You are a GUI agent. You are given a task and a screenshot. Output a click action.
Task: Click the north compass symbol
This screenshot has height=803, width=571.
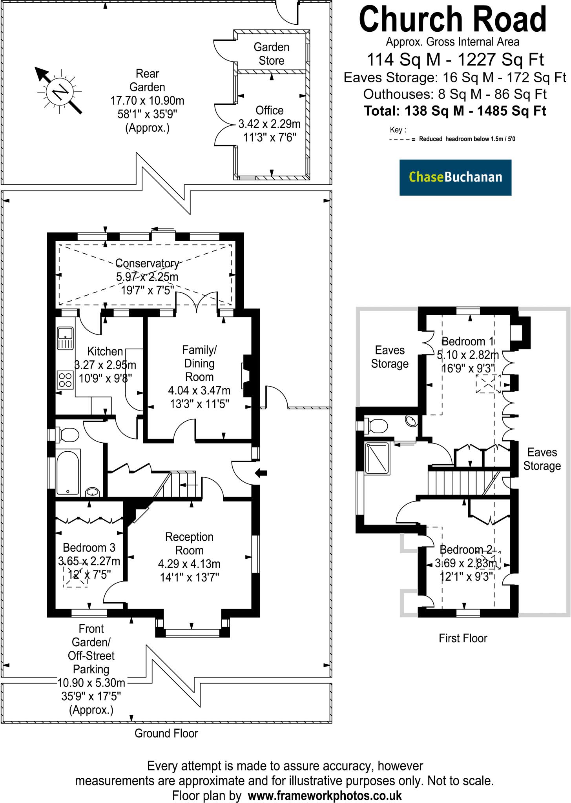coord(60,91)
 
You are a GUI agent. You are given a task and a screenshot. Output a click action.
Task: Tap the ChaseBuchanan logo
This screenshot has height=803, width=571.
coord(455,177)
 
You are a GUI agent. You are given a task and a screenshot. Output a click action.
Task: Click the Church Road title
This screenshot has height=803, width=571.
coord(453,19)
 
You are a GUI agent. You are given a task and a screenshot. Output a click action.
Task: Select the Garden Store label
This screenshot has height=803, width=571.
coord(272,54)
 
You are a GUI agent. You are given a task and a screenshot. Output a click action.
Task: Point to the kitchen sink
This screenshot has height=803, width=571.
coord(65,338)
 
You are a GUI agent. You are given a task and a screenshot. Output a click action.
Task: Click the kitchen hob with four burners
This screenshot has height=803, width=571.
coord(65,380)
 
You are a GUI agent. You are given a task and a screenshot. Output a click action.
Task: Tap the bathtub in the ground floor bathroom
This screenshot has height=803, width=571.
coord(68,472)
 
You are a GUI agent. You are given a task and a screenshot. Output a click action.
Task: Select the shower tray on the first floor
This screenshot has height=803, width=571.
coord(377,458)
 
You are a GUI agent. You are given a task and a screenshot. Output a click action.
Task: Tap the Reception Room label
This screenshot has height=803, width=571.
coord(189,543)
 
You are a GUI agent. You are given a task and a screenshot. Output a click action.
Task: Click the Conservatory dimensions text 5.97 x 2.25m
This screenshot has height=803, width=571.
coord(147,277)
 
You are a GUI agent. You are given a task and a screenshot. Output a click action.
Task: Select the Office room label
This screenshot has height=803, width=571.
coord(270,110)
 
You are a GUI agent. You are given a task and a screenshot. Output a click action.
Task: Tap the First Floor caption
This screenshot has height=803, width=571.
coord(463,638)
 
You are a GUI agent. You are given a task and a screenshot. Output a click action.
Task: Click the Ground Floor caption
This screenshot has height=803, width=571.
coord(166,733)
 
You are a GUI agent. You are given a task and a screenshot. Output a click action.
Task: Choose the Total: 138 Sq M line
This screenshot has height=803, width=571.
coord(455,111)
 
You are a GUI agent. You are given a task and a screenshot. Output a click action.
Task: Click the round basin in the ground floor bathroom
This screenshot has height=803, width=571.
coord(92,492)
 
